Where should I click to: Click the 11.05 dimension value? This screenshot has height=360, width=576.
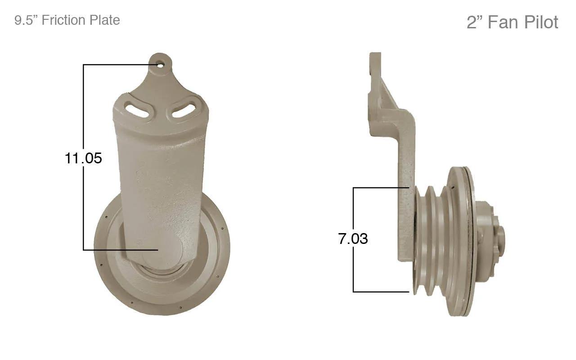click(x=83, y=158)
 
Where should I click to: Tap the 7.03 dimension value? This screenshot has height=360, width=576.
click(x=353, y=238)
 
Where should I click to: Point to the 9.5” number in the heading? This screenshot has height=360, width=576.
click(x=26, y=20)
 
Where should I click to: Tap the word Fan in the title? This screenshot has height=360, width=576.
click(x=503, y=22)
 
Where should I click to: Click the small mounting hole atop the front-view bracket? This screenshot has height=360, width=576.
click(x=161, y=65)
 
